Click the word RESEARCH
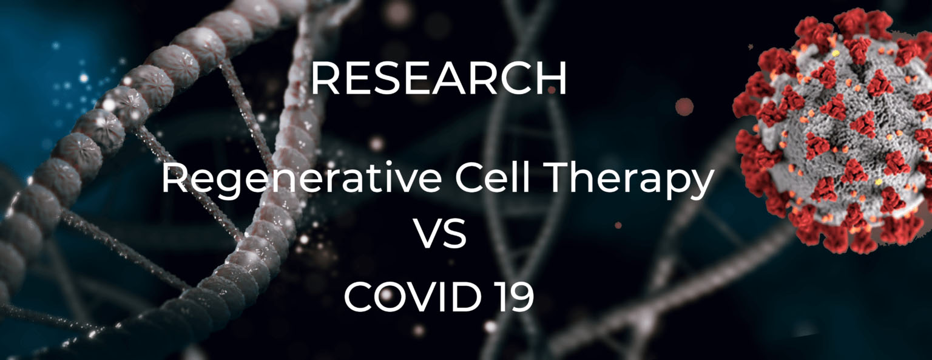(439, 78)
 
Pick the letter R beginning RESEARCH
(325, 78)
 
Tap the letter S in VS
(454, 233)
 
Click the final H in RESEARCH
(553, 78)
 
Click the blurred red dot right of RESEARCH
(684, 107)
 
